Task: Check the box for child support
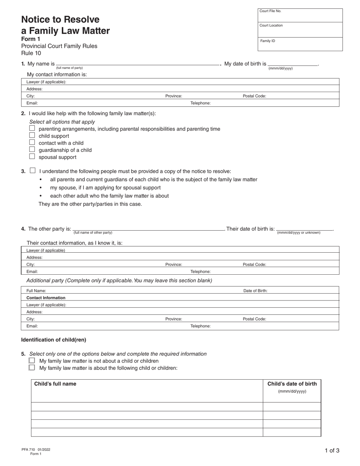(32, 135)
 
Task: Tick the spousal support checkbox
(32, 156)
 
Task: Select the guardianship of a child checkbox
(32, 149)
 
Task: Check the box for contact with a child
(32, 142)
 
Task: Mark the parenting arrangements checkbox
(32, 128)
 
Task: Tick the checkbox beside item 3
(33, 170)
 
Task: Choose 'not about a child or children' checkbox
(32, 361)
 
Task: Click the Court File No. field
(300, 16)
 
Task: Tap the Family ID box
(300, 44)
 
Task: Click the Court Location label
(271, 25)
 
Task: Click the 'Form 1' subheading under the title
(31, 39)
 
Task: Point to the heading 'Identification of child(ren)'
(53, 340)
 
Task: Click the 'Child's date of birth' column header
(292, 384)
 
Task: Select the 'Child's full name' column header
(55, 384)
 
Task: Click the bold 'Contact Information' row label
(46, 298)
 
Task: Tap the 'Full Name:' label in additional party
(36, 291)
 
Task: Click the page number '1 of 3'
(332, 450)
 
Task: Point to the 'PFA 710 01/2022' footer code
(36, 450)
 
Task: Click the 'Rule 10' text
(31, 53)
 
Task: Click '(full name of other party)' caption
(93, 233)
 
